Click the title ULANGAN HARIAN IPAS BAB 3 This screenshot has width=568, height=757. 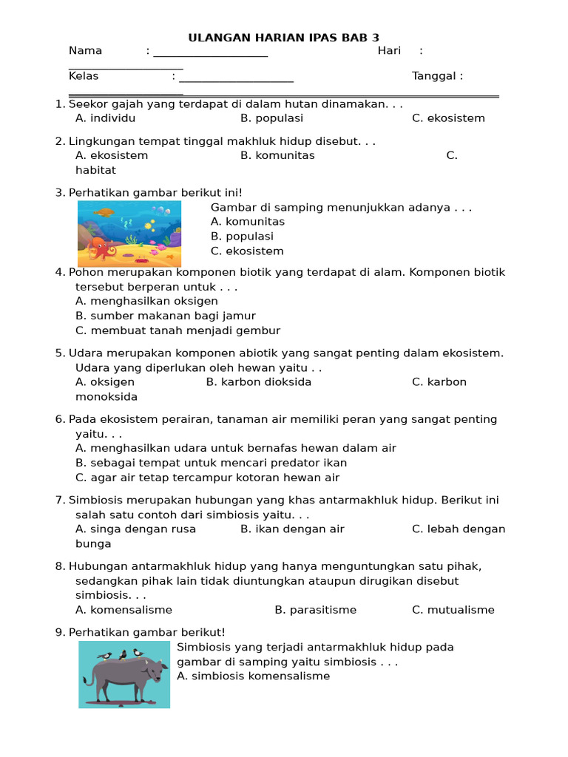pyautogui.click(x=284, y=38)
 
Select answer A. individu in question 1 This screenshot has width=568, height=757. pyautogui.click(x=105, y=118)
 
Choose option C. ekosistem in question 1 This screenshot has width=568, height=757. pyautogui.click(x=448, y=118)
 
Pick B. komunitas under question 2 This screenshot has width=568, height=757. pyautogui.click(x=277, y=155)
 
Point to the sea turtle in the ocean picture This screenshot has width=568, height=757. pyautogui.click(x=104, y=212)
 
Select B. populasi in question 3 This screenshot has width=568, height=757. pyautogui.click(x=242, y=237)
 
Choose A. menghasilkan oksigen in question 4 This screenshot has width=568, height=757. pyautogui.click(x=146, y=301)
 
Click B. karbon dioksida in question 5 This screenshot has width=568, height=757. pyautogui.click(x=258, y=382)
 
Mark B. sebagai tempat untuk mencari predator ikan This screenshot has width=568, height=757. pyautogui.click(x=211, y=463)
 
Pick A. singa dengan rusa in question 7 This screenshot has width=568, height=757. pyautogui.click(x=135, y=529)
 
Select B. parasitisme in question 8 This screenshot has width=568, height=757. pyautogui.click(x=315, y=610)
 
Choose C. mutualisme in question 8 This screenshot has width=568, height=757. pyautogui.click(x=453, y=610)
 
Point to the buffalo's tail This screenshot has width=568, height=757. pyautogui.click(x=87, y=679)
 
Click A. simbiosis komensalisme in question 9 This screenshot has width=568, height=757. pyautogui.click(x=253, y=676)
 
